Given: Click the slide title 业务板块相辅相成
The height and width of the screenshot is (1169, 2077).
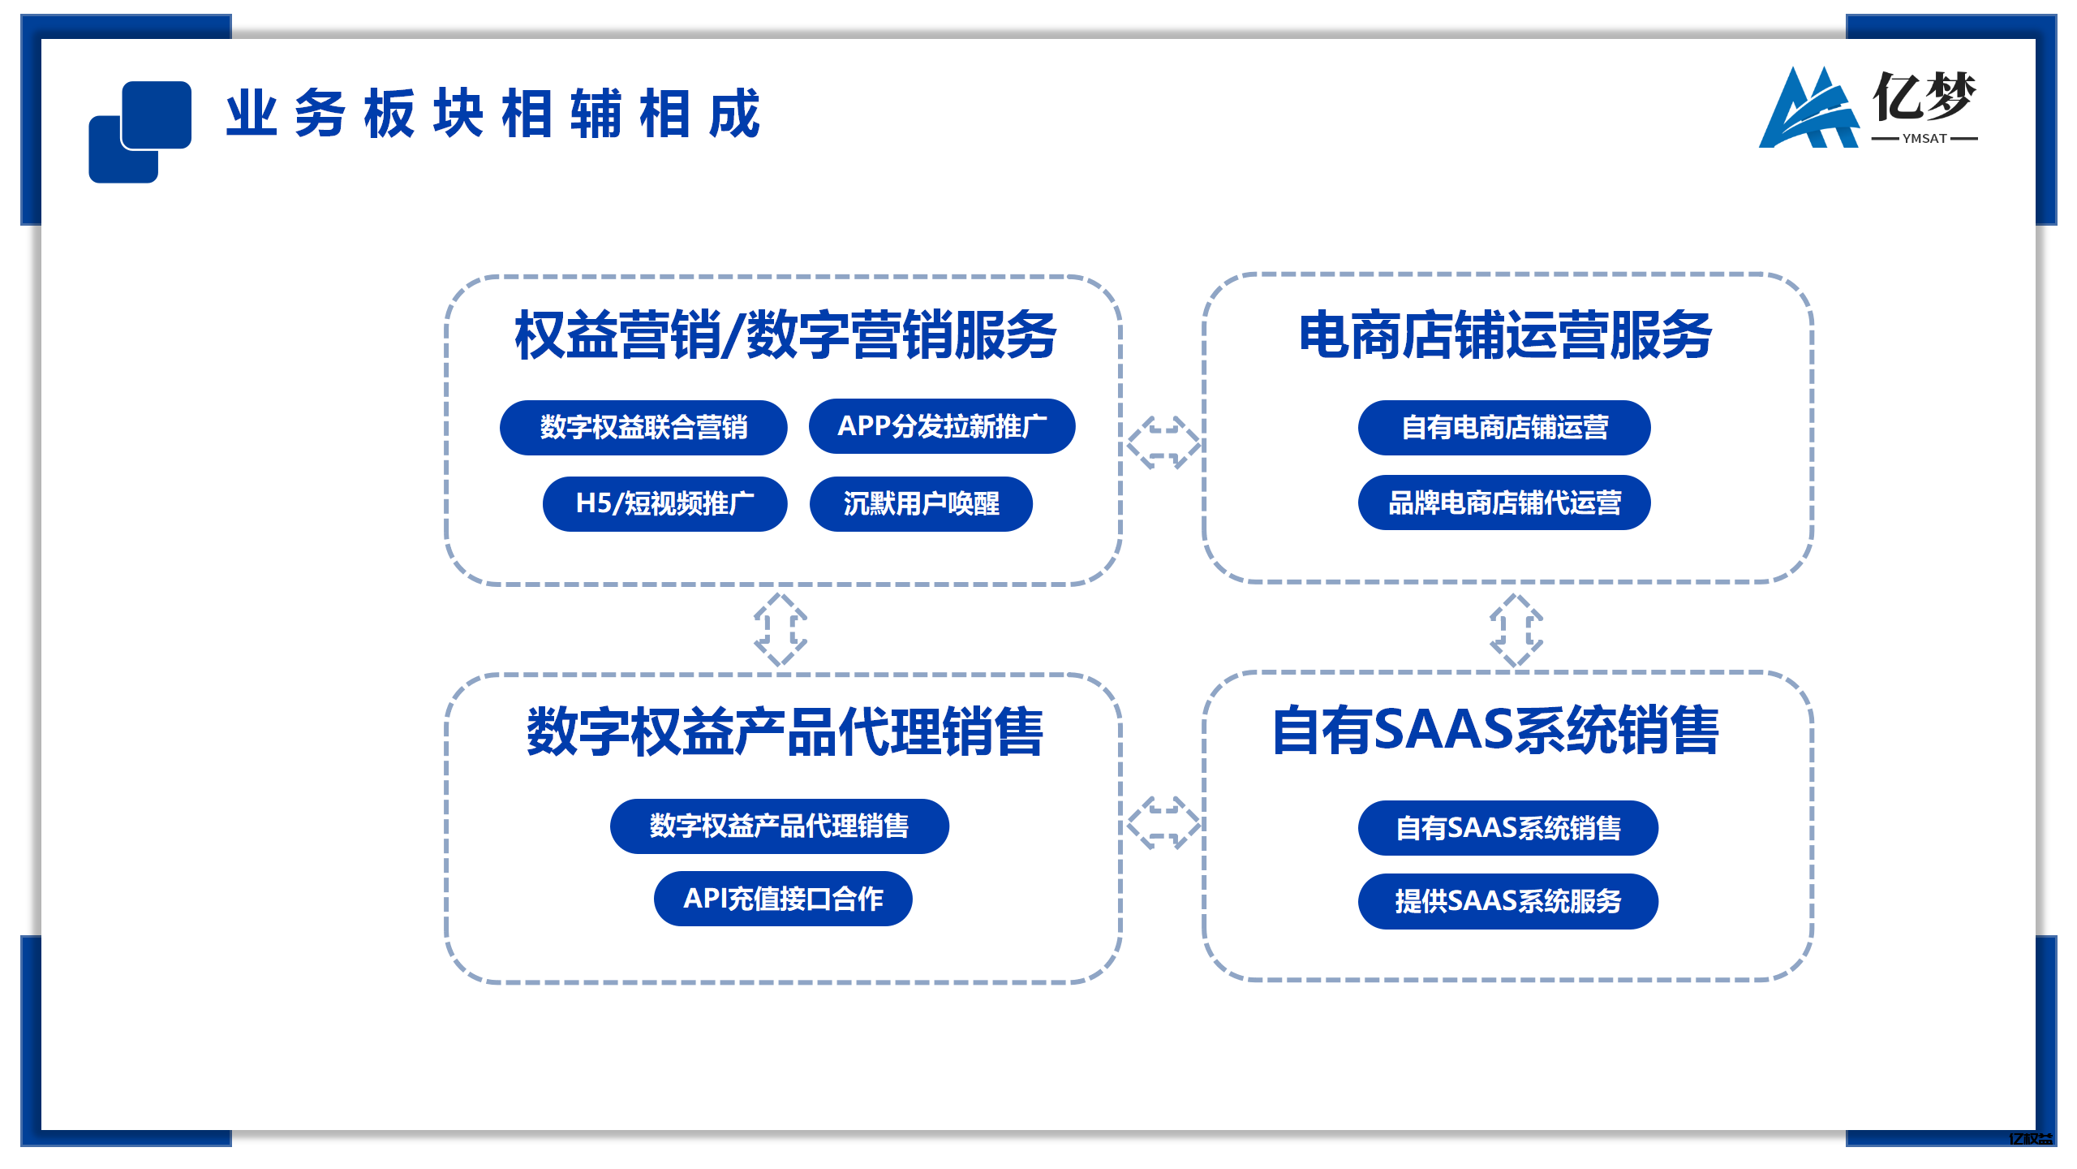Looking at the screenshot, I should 492,114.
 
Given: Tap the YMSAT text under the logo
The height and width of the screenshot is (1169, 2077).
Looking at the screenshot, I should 1924,139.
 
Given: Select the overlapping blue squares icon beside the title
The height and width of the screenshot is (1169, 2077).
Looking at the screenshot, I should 140,132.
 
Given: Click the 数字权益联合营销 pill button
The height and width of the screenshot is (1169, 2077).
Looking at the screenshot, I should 643,428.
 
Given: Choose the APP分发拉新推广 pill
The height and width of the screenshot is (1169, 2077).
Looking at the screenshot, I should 942,426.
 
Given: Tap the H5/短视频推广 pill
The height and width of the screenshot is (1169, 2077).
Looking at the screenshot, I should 664,504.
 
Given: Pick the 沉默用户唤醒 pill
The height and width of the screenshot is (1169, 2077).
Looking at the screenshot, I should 921,504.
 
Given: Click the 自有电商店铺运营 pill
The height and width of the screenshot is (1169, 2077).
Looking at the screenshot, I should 1504,428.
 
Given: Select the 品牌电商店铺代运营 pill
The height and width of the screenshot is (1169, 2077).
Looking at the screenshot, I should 1504,503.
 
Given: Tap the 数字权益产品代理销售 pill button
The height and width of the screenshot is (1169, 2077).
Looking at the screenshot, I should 779,826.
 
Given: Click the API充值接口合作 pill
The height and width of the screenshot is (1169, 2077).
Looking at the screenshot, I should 783,899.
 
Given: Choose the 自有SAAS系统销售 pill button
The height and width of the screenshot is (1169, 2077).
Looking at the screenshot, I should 1507,828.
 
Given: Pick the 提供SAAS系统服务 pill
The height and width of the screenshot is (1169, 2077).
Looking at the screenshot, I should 1507,901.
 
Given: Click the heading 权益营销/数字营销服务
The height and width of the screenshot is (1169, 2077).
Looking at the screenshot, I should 785,335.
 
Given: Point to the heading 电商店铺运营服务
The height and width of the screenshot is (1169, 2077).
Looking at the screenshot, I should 1505,335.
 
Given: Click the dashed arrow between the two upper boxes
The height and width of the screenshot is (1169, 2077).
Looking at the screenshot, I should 1163,442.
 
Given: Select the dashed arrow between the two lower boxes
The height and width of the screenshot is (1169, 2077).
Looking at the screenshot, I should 1163,822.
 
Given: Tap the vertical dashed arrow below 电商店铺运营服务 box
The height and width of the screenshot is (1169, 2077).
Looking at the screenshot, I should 1516,630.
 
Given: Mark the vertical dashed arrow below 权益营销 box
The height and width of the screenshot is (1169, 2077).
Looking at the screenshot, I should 780,630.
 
